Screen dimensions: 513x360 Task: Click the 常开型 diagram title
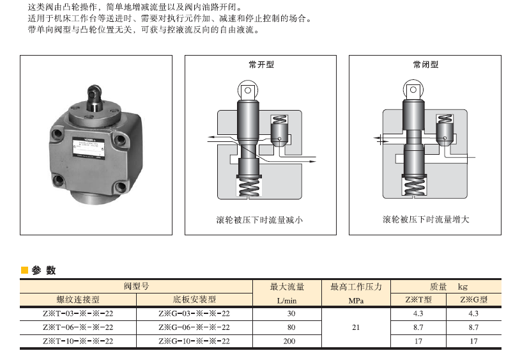click(x=261, y=65)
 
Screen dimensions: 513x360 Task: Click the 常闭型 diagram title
click(x=425, y=65)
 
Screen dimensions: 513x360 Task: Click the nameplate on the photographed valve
click(x=88, y=149)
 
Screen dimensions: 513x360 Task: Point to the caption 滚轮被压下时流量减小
click(x=259, y=220)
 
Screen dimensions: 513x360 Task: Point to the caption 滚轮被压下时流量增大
click(x=425, y=219)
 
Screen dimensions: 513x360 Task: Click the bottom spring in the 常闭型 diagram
click(x=414, y=186)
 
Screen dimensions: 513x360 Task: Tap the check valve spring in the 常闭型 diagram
click(x=445, y=119)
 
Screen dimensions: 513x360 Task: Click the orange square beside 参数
click(x=24, y=270)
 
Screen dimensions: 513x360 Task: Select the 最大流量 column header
click(x=287, y=286)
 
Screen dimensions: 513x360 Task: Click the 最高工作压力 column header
click(x=356, y=286)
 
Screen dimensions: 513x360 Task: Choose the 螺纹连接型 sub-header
click(x=78, y=299)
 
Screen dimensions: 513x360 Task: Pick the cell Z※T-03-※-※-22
click(x=78, y=313)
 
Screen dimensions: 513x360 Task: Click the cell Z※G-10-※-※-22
click(x=194, y=341)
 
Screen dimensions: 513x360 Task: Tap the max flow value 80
click(x=291, y=327)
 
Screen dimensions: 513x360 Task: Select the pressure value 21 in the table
click(x=356, y=327)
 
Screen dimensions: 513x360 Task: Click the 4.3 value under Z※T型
click(x=418, y=313)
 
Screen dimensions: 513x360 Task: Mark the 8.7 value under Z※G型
click(x=473, y=327)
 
